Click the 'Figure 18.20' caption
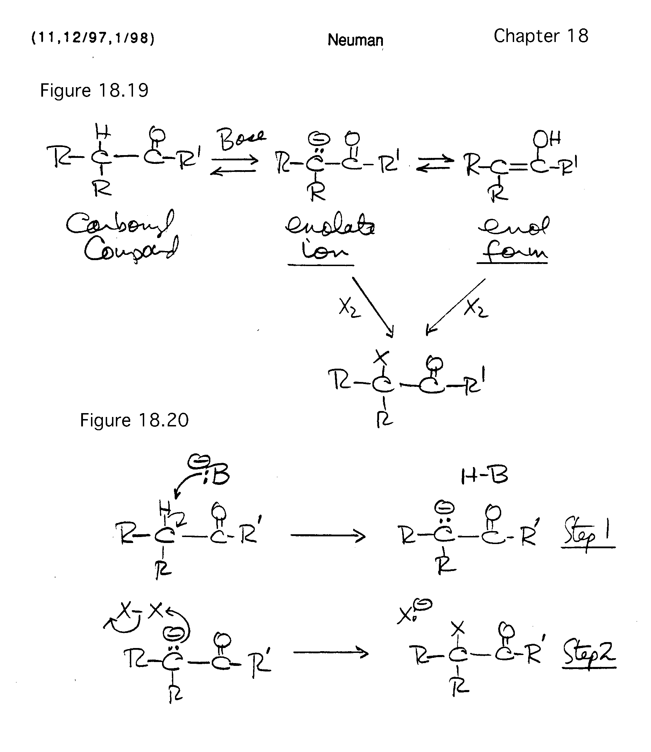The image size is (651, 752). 134,420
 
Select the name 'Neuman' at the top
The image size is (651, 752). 355,40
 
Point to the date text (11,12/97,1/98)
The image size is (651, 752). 93,38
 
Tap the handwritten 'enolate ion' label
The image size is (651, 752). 329,238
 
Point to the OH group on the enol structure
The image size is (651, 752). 547,138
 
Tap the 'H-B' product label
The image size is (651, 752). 484,475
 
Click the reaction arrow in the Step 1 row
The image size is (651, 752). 328,535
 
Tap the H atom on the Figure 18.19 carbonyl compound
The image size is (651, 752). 103,131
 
